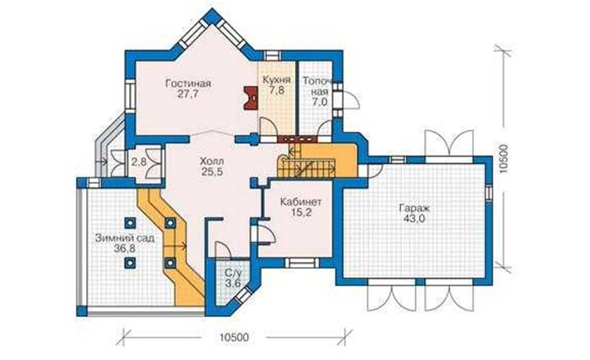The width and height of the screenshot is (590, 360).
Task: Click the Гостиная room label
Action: click(x=188, y=83)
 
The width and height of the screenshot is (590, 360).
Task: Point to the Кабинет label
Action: click(x=300, y=202)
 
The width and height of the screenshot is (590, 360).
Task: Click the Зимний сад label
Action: click(x=124, y=238)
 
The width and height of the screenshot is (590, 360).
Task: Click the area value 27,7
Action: click(x=188, y=94)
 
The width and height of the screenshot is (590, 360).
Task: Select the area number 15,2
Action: click(x=301, y=212)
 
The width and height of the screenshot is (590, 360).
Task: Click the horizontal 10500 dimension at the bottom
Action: click(x=234, y=337)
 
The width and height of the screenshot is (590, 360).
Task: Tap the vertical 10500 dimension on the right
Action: click(x=503, y=158)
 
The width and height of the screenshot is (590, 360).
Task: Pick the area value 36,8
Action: click(x=124, y=249)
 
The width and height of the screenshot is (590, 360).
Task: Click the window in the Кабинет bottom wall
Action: click(x=300, y=262)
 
